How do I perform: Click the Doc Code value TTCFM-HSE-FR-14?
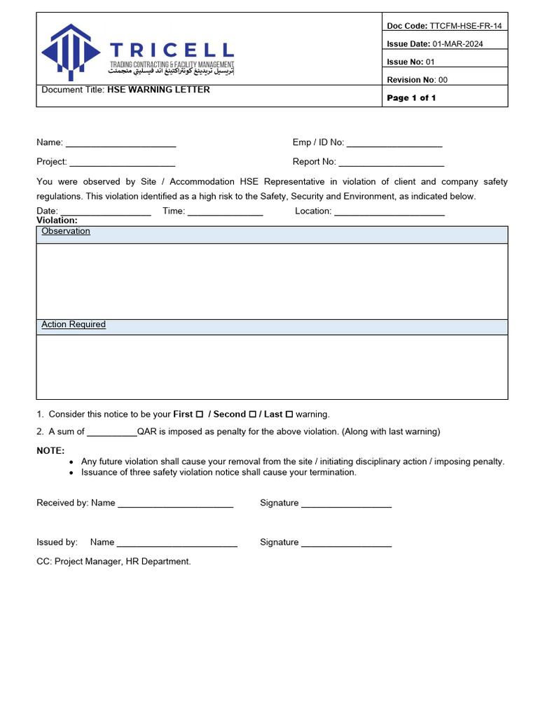point(466,26)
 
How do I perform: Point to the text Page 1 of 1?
point(411,98)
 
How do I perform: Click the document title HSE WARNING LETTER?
point(158,90)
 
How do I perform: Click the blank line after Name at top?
point(120,144)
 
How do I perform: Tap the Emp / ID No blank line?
point(394,144)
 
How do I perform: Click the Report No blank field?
point(392,162)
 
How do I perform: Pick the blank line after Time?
point(225,211)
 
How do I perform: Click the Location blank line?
point(389,211)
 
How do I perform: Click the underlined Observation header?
point(66,231)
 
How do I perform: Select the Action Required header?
point(74,325)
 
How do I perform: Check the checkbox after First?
point(200,415)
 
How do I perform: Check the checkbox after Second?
point(253,415)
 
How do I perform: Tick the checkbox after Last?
point(289,415)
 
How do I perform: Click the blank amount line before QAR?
point(112,433)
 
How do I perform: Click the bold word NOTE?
point(50,451)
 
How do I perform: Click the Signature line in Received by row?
point(346,504)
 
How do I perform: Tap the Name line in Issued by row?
point(177,543)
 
